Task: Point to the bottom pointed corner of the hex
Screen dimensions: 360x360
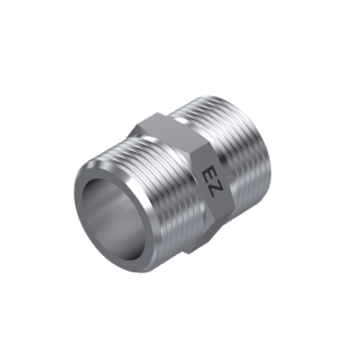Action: (x=189, y=254)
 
